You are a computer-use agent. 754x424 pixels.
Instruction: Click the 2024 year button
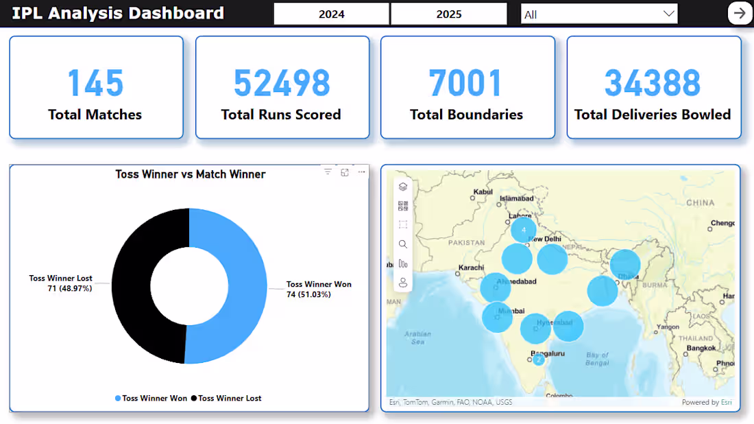[x=332, y=14]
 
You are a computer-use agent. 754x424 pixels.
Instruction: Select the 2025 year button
[x=449, y=14]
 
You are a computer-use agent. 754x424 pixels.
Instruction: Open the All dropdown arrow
[x=668, y=14]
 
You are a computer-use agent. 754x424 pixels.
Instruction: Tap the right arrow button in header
[x=740, y=13]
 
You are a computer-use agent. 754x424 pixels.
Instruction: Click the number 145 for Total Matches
[x=95, y=83]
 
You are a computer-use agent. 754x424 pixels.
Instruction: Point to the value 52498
[x=282, y=83]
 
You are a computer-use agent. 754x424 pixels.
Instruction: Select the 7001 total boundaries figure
[x=466, y=83]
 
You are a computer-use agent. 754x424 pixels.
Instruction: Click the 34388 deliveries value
[x=653, y=83]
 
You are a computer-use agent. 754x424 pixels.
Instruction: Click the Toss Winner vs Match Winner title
[x=190, y=174]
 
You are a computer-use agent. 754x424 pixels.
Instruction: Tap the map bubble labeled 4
[x=524, y=230]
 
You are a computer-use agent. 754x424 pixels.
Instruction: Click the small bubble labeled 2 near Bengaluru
[x=539, y=360]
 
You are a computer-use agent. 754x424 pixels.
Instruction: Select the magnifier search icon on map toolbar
[x=403, y=244]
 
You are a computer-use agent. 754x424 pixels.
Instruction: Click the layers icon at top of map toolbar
[x=403, y=187]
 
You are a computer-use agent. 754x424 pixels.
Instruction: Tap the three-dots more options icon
[x=361, y=172]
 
